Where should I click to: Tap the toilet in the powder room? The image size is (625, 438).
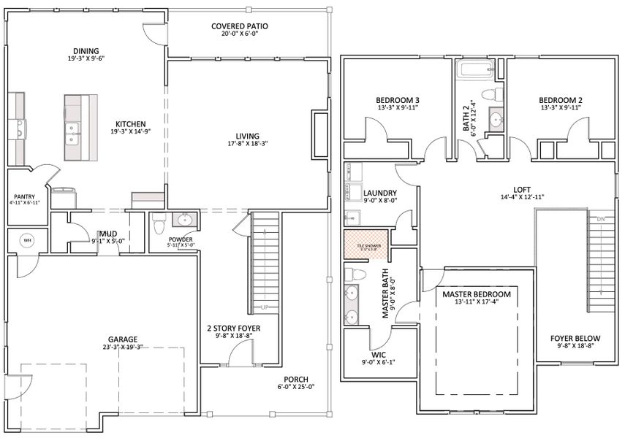[156, 220]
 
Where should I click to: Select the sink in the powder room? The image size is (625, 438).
[185, 219]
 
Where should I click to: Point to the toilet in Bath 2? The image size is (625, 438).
[497, 94]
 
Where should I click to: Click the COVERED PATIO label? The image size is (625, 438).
[240, 26]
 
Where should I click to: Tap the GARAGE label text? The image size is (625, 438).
[124, 339]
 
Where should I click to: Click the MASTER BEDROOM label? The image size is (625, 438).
[477, 294]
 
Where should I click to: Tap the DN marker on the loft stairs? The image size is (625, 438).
[601, 220]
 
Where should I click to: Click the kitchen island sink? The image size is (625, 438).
[72, 130]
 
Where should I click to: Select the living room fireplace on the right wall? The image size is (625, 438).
[319, 134]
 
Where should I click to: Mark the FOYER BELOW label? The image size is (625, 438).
[575, 339]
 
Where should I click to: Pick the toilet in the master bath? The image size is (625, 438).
[357, 274]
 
